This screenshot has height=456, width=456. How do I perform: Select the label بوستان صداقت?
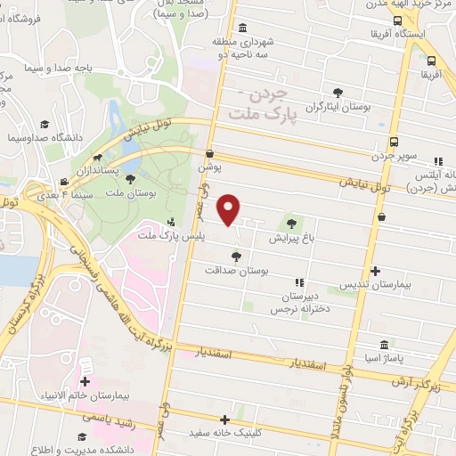tap(236, 270)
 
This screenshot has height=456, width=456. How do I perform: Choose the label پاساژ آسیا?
tap(384, 358)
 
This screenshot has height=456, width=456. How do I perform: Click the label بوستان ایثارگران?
tap(338, 106)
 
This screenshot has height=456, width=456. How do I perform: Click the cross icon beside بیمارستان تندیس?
tap(375, 271)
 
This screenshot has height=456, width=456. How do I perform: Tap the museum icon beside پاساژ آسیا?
tap(384, 345)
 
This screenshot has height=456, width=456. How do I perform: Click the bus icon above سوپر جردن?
tap(395, 142)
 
